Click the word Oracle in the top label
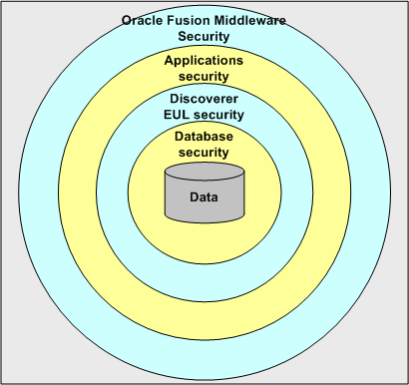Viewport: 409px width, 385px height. pos(143,20)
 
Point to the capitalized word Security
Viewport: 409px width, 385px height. pos(204,36)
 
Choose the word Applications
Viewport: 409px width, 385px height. pos(204,59)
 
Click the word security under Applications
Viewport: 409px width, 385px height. pos(204,75)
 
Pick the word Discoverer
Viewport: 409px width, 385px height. pos(204,99)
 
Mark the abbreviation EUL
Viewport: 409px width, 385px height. pos(173,115)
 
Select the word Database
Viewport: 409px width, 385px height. pos(204,137)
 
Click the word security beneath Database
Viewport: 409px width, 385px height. pos(204,152)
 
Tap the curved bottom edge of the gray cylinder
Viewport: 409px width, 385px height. pos(204,221)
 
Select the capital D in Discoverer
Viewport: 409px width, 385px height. pos(174,99)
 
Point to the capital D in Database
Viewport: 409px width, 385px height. pos(179,137)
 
